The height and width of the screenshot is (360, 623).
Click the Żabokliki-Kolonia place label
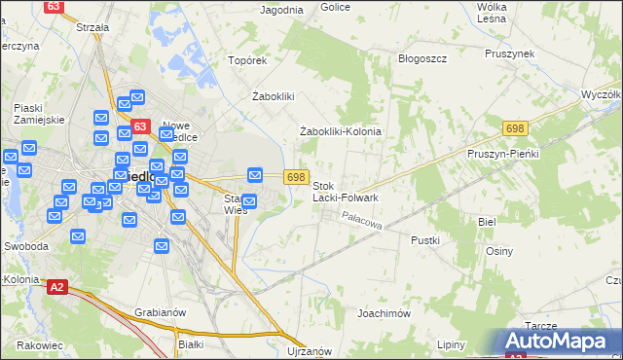(x=340, y=131)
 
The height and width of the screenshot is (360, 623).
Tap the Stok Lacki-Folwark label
(x=346, y=191)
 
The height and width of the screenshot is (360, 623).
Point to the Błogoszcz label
(x=422, y=58)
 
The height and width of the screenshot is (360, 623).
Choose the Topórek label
(x=247, y=60)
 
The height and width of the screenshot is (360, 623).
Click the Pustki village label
(x=425, y=239)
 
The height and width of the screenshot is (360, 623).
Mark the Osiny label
(x=499, y=250)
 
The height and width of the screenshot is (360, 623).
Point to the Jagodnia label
(x=282, y=10)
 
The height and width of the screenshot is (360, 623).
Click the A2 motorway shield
(x=57, y=286)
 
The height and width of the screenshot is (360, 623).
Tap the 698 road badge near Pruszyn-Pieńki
(x=516, y=128)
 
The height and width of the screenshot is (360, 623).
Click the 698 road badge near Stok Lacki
(x=298, y=176)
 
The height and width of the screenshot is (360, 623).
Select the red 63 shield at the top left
(x=55, y=6)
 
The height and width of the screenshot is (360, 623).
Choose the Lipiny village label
(x=451, y=345)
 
